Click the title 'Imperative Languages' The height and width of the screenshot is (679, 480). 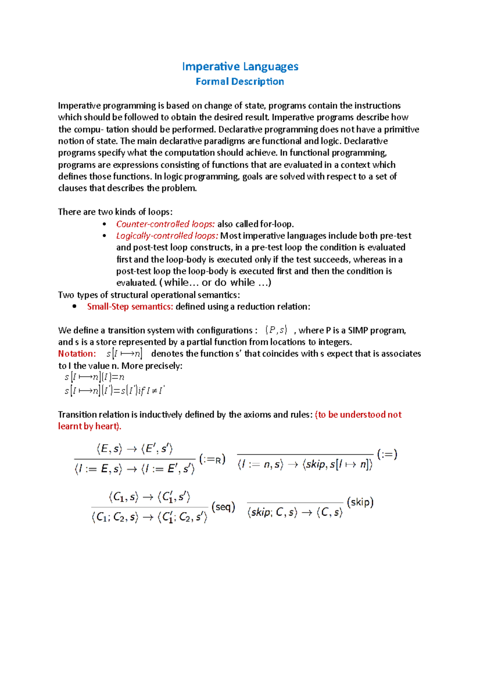240,66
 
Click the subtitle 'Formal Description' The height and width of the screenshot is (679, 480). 240,82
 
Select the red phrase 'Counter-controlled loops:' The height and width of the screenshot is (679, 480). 165,224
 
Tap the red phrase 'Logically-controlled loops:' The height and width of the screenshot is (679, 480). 167,236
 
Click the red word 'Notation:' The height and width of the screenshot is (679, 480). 77,354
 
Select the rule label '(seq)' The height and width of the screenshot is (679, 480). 223,507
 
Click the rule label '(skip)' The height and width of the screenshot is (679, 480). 360,502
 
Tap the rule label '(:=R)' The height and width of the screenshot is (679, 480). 212,459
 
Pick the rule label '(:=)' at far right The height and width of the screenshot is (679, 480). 387,454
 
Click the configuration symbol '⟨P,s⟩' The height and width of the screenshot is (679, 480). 276,330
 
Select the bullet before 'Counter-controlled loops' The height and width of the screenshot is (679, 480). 104,224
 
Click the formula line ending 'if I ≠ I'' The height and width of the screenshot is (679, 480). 114,391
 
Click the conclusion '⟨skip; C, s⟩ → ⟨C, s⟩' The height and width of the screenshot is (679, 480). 295,512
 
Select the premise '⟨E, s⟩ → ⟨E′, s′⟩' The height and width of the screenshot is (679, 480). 134,449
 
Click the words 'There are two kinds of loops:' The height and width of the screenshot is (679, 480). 115,212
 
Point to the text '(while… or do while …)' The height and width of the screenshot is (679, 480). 215,283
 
